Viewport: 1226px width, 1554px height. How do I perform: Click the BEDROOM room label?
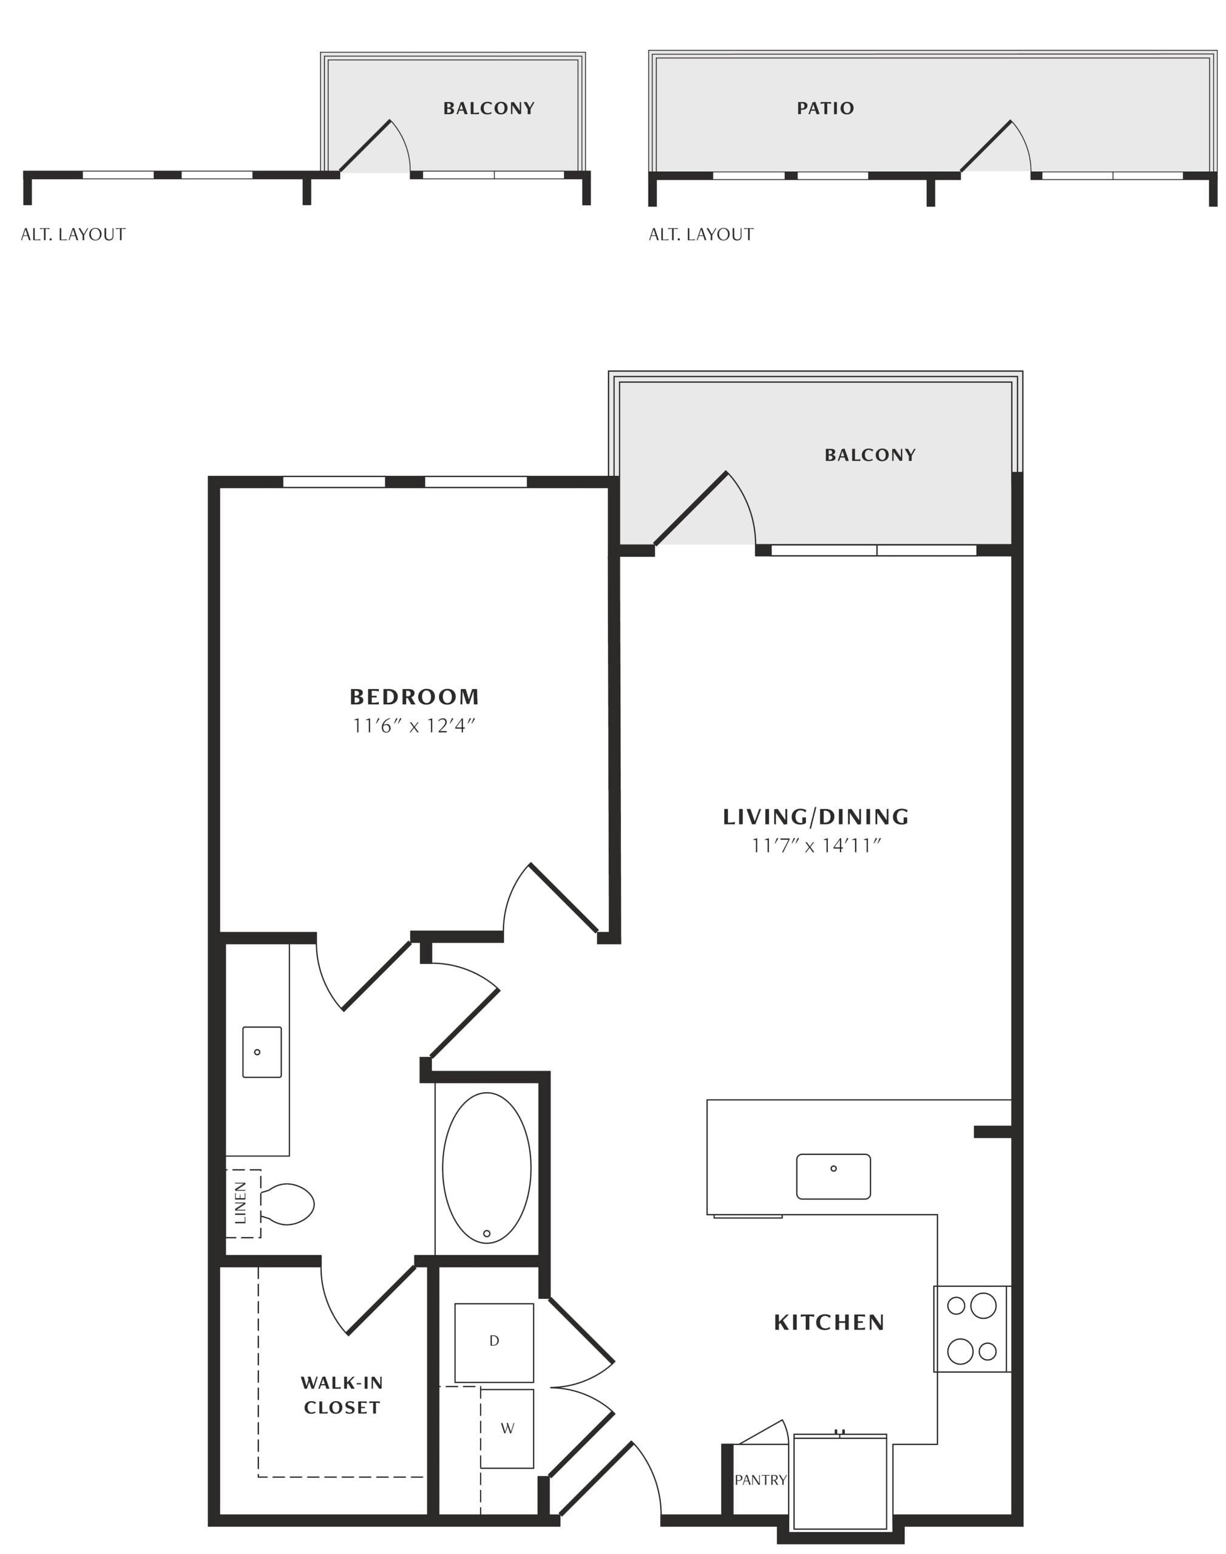tap(414, 696)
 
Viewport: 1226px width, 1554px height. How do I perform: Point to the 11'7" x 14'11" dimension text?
tap(816, 846)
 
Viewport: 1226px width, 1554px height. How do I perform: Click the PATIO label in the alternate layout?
tap(825, 109)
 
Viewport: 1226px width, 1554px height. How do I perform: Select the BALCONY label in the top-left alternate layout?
tap(489, 109)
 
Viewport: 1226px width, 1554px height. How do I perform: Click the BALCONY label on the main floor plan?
tap(870, 455)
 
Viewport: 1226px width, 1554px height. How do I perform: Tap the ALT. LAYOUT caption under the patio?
tap(701, 235)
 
